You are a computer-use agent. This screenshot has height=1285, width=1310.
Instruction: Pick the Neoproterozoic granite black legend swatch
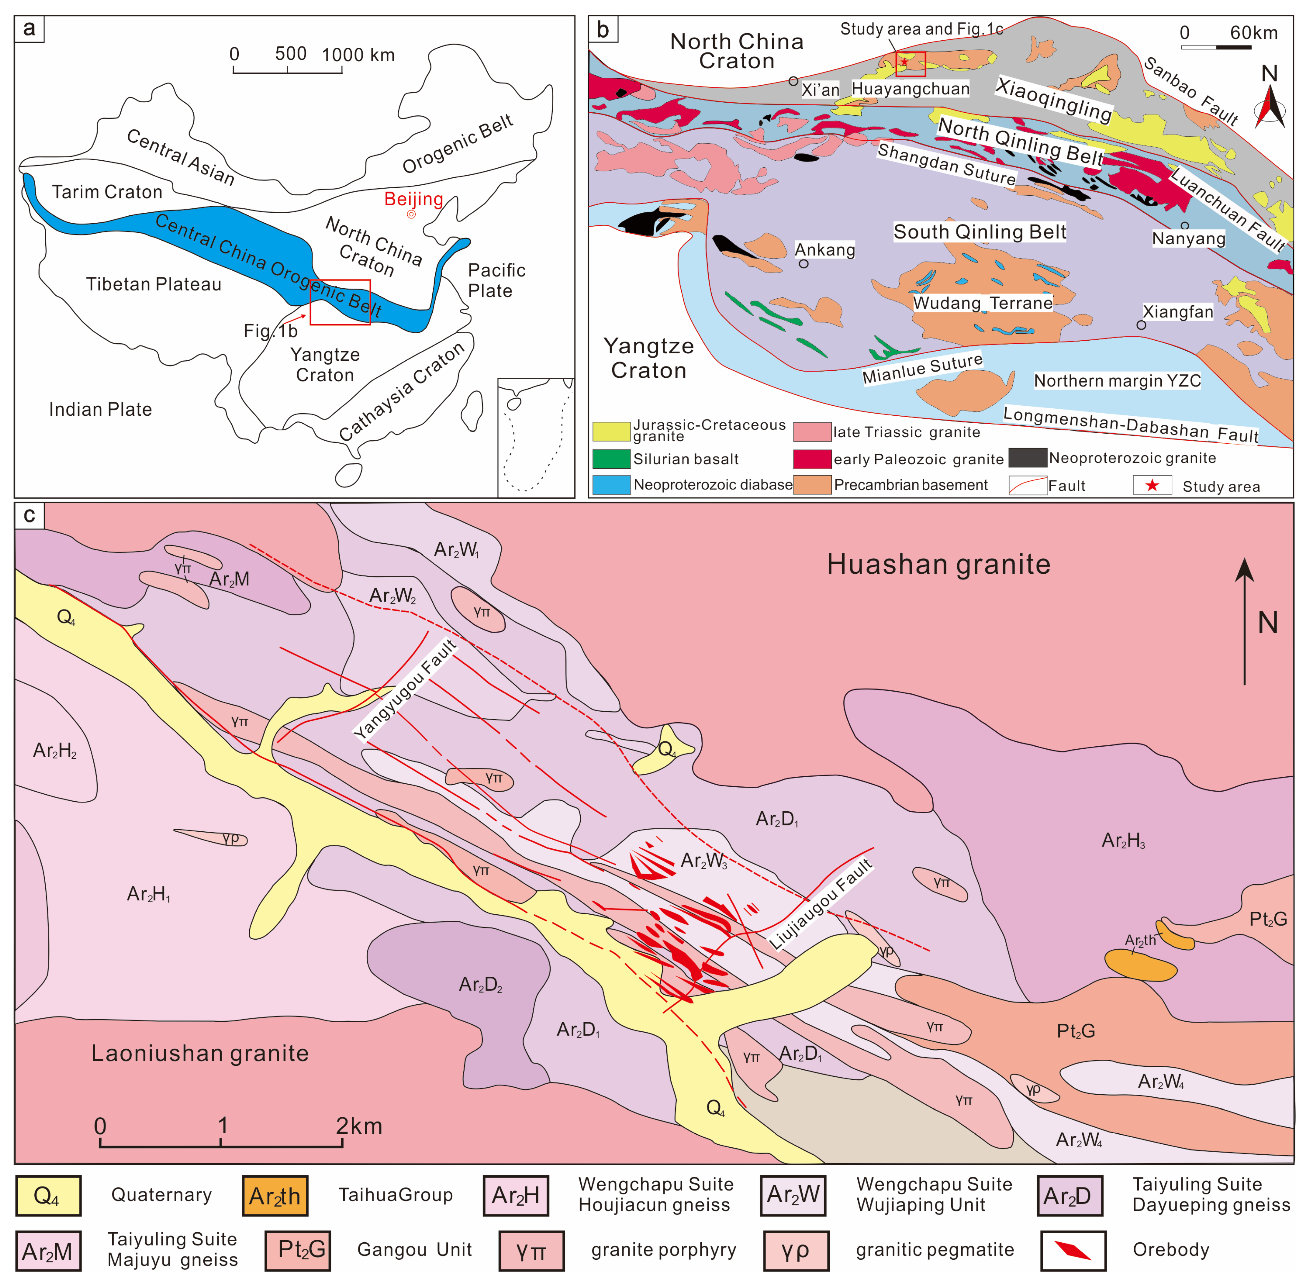1027,457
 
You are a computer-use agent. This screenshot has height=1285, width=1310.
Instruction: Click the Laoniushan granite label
200,1053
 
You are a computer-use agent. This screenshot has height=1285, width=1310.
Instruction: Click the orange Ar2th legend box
275,1196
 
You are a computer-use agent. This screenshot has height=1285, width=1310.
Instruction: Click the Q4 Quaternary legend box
48,1196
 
